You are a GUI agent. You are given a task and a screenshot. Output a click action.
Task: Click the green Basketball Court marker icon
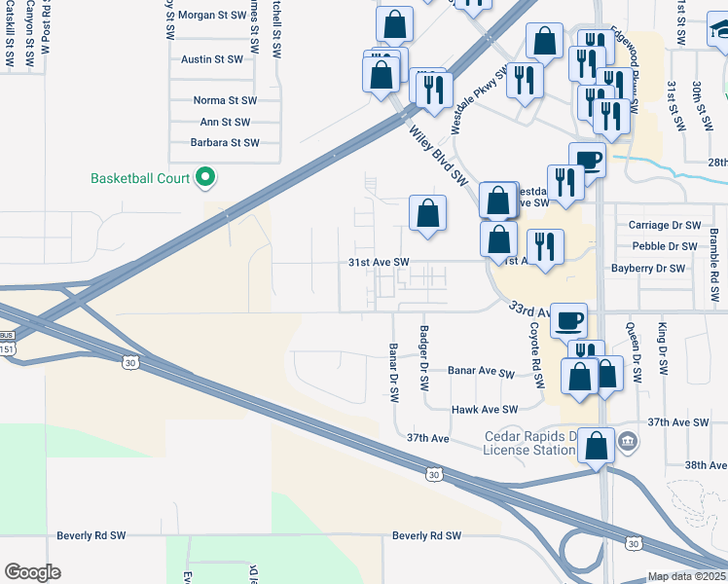pos(205,177)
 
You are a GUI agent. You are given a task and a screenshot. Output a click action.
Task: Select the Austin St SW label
pos(211,59)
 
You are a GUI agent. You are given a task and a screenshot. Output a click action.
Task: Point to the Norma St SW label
pos(225,100)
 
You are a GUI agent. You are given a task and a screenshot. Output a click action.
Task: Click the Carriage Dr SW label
pos(664,225)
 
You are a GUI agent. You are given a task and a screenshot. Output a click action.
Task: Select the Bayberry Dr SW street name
pos(653,268)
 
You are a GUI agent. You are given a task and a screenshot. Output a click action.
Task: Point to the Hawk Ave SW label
pos(484,410)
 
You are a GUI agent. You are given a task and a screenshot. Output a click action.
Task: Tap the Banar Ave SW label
pos(480,372)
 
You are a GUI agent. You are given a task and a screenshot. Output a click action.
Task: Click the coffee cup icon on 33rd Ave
pos(568,318)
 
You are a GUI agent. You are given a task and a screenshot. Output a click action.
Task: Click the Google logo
pos(32,572)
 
